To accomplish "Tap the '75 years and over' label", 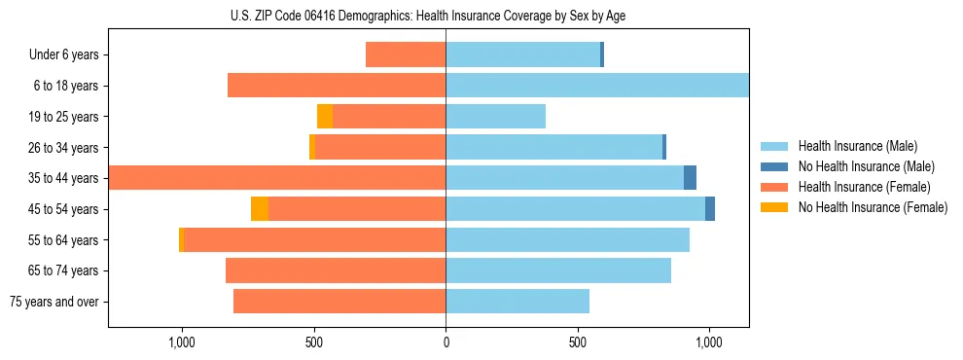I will pos(54,302).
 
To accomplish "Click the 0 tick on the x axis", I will pos(446,342).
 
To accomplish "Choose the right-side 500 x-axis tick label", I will pos(578,342).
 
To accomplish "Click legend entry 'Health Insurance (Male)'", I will pos(857,146).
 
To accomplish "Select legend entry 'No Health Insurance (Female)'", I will pos(873,207).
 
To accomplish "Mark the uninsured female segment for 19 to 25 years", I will pos(325,117).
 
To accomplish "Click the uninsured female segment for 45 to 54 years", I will pos(260,209).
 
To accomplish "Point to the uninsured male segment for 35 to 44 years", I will pos(690,178).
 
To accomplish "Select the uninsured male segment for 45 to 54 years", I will pos(710,209).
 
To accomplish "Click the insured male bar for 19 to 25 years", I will pos(495,117).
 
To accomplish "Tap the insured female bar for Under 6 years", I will pos(406,55).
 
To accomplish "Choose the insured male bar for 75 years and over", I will pos(517,302).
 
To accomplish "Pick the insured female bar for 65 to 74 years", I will pos(336,270).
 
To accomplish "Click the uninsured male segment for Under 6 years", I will pos(602,55).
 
